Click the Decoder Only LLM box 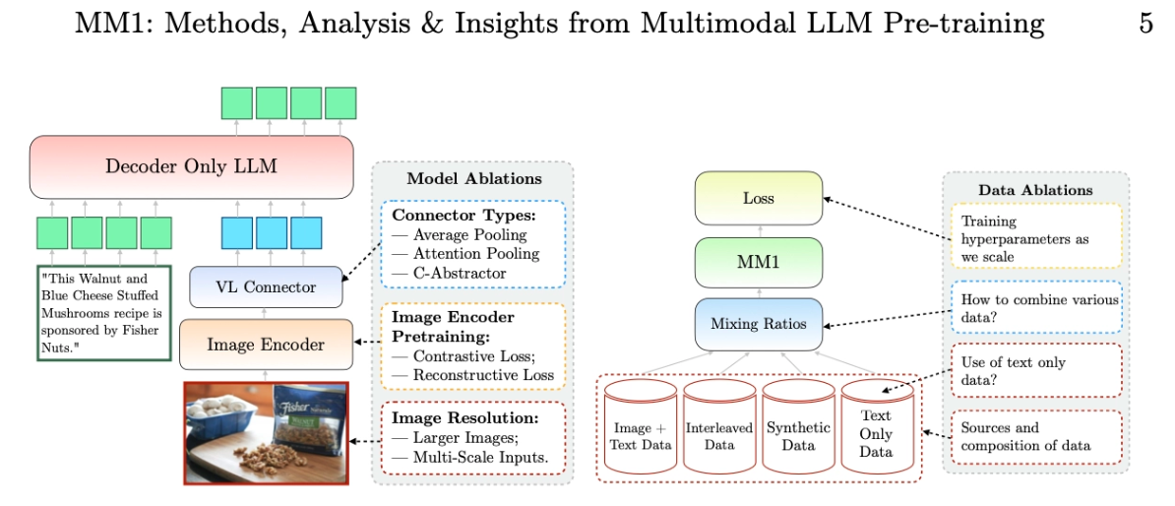(191, 166)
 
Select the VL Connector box (266, 287)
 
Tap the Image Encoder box (266, 344)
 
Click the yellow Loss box (758, 198)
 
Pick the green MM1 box (758, 264)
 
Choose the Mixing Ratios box (758, 323)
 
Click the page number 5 (1145, 24)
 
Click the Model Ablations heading (473, 179)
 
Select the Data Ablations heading (1035, 189)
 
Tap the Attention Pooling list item (470, 254)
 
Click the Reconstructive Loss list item (481, 375)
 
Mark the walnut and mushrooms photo (267, 431)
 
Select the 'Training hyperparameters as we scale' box (1035, 235)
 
